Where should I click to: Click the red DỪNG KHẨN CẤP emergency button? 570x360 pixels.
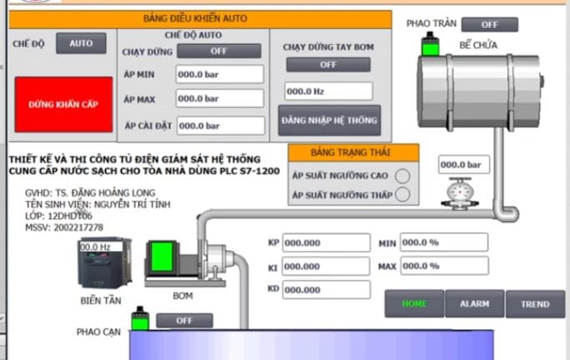pos(63,105)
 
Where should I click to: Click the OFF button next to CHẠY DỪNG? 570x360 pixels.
pos(218,51)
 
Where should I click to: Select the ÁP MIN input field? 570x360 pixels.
pos(219,74)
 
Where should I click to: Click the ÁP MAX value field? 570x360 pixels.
pos(219,100)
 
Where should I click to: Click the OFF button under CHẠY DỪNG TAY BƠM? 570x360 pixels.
pos(327,64)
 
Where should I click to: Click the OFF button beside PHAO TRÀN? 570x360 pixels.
pos(488,24)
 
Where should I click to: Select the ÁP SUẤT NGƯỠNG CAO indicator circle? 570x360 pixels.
pos(402,176)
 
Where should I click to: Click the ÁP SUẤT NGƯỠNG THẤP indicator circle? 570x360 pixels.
pos(402,195)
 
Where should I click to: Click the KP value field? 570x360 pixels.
pos(325,242)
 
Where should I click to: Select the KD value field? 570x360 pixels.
pos(325,289)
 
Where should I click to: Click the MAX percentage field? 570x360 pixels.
pos(444,267)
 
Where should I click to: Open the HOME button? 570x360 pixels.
pos(413,304)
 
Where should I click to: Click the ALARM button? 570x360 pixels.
pos(474,304)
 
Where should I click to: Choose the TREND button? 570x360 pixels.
pos(535,304)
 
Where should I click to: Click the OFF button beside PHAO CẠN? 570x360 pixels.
pos(184,320)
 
